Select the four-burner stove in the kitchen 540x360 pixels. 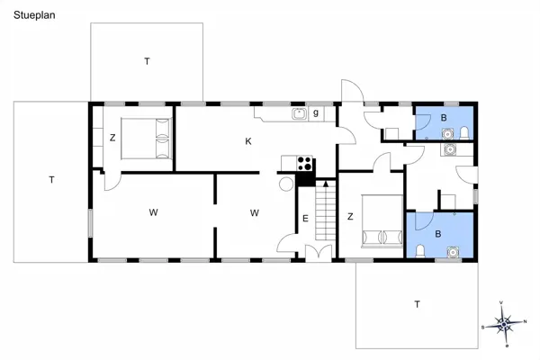tap(305, 164)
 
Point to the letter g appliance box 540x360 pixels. tap(316, 113)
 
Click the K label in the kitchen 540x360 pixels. tap(248, 141)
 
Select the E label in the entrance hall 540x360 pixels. tap(305, 218)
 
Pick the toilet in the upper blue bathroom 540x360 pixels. tap(463, 133)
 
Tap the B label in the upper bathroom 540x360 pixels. tap(444, 118)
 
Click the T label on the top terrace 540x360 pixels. tap(146, 61)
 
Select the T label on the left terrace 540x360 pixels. tap(52, 180)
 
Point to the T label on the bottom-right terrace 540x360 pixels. tap(417, 304)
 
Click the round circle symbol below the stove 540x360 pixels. tap(287, 184)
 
